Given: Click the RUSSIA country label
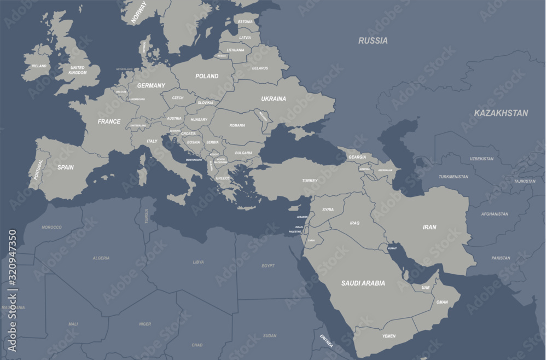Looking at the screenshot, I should (373, 40).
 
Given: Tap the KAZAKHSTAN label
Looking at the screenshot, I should (501, 113).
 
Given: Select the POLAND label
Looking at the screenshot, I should (207, 77).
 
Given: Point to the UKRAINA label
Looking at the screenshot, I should (273, 99).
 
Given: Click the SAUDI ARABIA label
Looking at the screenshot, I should (363, 283).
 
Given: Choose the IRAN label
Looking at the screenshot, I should (429, 227).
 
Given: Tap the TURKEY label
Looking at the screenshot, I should (310, 181).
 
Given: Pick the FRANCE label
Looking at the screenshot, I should (109, 121).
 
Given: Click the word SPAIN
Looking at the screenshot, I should (66, 167).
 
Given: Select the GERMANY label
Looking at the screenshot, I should (151, 86).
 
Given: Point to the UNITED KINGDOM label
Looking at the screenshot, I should (78, 70).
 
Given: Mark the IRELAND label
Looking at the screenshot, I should (39, 66).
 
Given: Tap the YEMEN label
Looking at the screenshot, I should (389, 336).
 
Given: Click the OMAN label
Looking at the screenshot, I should (442, 302).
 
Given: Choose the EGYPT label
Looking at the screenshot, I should (268, 266).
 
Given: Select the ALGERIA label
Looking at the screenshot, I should (101, 258).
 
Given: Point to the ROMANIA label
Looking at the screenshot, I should (237, 125).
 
